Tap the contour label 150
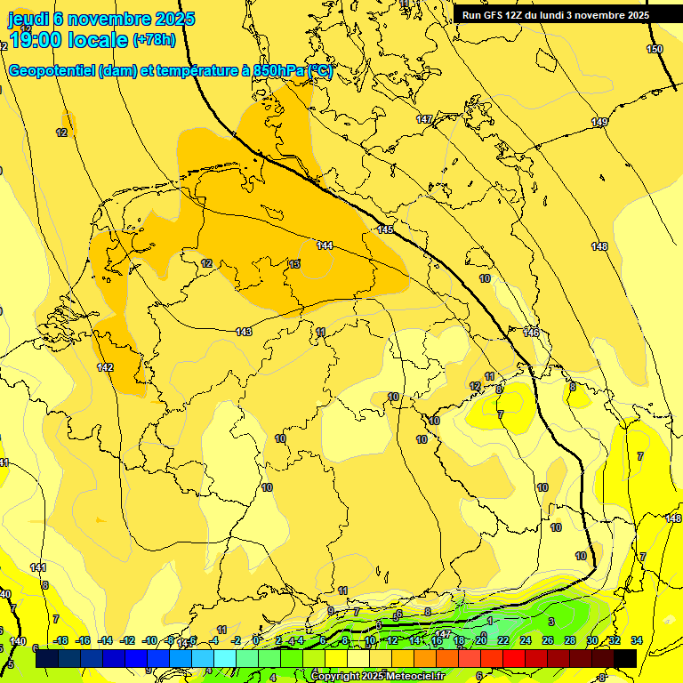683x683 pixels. coord(655,49)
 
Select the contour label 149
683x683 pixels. coord(599,122)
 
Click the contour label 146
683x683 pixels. coord(531,333)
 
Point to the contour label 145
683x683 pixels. coord(385,229)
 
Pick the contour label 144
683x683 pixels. coord(325,245)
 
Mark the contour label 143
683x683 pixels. coord(245,332)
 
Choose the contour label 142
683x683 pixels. coord(105,367)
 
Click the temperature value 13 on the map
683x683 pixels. coord(294,264)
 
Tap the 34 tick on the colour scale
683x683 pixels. coord(637,640)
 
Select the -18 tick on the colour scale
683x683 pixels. coord(60,640)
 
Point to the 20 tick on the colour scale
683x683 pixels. coord(480,640)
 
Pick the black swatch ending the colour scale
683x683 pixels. coord(624,658)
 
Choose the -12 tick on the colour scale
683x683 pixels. coord(128,640)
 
